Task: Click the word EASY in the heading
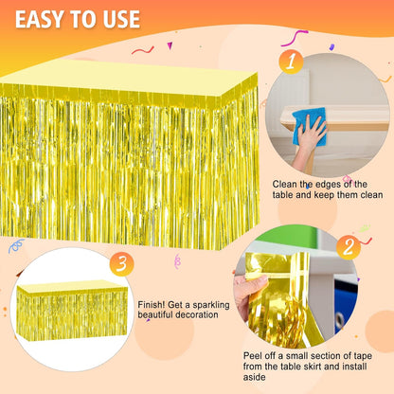(40, 19)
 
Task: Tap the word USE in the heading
(120, 19)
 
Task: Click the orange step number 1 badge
(291, 62)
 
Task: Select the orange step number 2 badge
(349, 247)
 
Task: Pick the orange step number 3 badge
(121, 263)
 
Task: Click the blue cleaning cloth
(309, 126)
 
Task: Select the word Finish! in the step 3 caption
(152, 305)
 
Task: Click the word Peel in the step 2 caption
(253, 356)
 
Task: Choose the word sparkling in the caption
(211, 305)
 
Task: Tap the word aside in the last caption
(254, 377)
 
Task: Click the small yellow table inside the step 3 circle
(72, 311)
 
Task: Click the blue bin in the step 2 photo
(346, 304)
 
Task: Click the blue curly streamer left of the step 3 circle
(16, 245)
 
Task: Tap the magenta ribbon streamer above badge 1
(295, 38)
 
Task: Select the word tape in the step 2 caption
(363, 356)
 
